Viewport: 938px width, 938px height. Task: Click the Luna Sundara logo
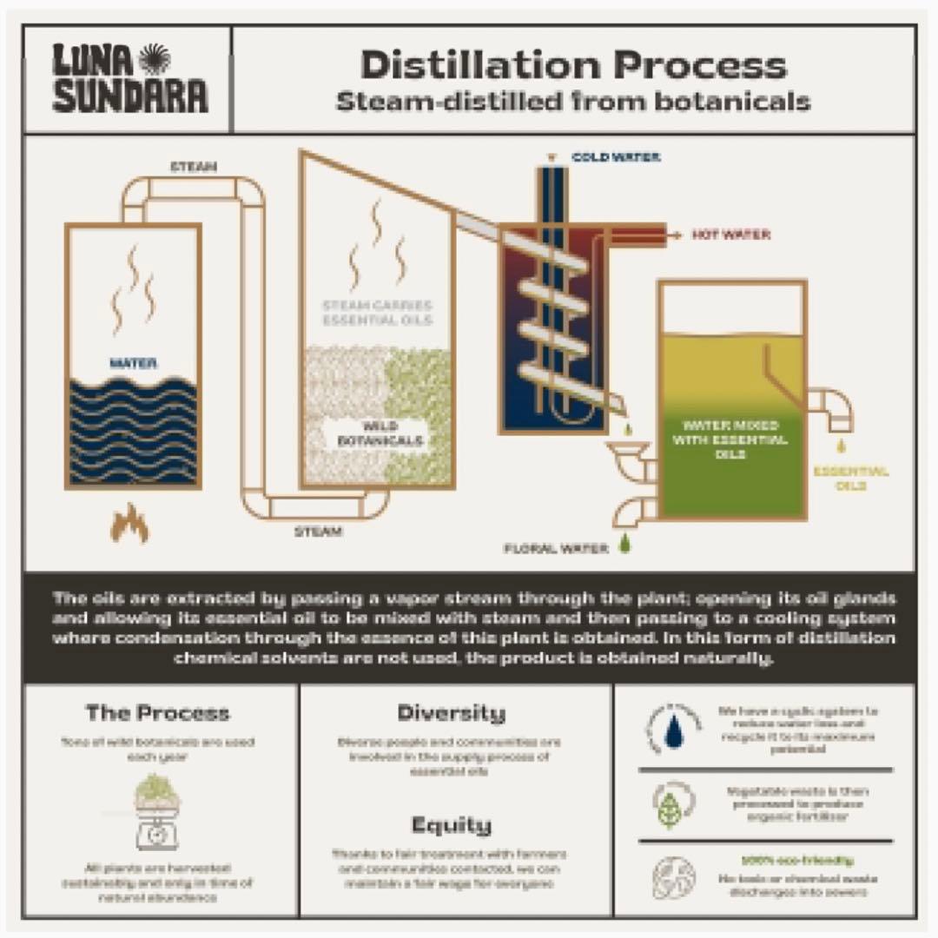129,79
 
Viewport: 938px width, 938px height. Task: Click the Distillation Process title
573,66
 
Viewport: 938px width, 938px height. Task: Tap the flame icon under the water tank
129,523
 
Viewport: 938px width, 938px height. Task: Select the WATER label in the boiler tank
133,364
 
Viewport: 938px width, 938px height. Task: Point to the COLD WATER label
615,157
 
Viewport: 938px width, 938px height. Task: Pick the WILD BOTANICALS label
380,433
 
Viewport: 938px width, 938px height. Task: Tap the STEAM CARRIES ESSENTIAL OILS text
377,313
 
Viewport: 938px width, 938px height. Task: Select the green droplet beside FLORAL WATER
624,545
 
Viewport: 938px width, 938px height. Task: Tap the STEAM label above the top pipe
193,166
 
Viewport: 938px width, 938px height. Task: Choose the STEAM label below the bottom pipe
317,531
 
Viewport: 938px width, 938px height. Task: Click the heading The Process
157,714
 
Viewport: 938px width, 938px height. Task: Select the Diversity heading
451,714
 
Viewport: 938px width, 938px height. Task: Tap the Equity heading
451,824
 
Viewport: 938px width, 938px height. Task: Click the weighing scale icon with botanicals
157,811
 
